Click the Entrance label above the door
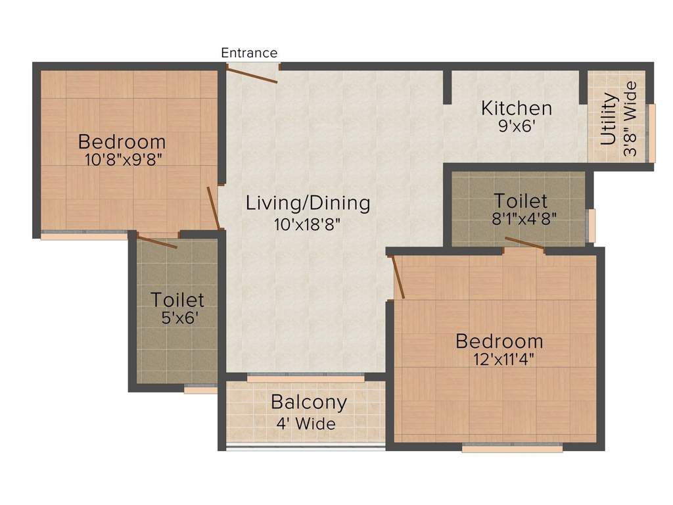[x=249, y=53]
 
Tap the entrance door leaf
[x=252, y=74]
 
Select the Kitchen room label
[x=516, y=108]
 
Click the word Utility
[x=609, y=119]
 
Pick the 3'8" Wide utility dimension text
[x=630, y=119]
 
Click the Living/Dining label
[x=308, y=203]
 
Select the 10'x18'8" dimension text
[x=308, y=224]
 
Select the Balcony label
[x=308, y=402]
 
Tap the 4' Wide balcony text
[x=306, y=423]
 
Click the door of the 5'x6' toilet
[x=156, y=241]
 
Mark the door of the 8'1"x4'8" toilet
[x=524, y=244]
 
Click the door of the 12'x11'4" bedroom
[x=397, y=277]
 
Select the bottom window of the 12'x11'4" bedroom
[x=512, y=448]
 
